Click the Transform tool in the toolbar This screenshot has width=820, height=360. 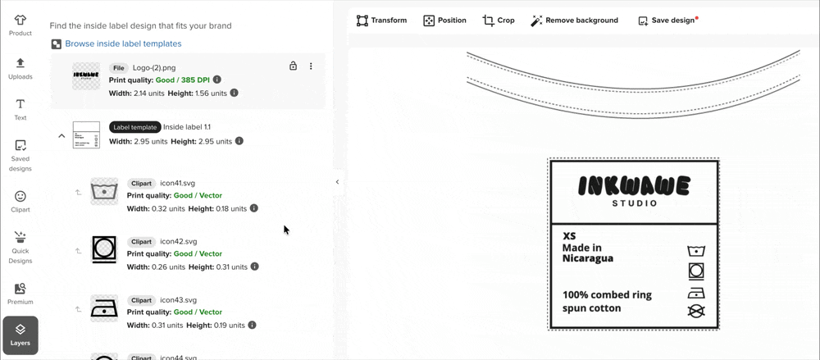[x=381, y=21]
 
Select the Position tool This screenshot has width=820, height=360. [x=444, y=21]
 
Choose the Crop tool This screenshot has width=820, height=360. [x=499, y=21]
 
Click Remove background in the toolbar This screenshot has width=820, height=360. [x=574, y=21]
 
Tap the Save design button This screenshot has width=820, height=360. [x=667, y=21]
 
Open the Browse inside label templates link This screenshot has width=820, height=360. [x=123, y=43]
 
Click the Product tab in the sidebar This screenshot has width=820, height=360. [x=20, y=25]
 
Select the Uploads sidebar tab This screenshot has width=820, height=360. [x=20, y=68]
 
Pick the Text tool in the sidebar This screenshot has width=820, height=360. [x=20, y=110]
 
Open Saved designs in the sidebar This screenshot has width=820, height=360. [x=20, y=155]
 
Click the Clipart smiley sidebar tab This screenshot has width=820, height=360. [x=20, y=201]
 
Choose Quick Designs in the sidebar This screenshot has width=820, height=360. [x=20, y=246]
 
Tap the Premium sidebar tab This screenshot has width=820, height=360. [x=20, y=293]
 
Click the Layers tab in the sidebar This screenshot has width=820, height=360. [x=20, y=335]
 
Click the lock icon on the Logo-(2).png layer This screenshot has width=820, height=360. [x=293, y=66]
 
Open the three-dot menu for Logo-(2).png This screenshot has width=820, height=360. [x=311, y=66]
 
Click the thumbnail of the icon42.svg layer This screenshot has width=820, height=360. [x=104, y=248]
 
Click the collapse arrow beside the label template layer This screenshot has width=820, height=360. [x=61, y=135]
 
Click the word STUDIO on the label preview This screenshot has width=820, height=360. [x=634, y=203]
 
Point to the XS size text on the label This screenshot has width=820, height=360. [x=569, y=236]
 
